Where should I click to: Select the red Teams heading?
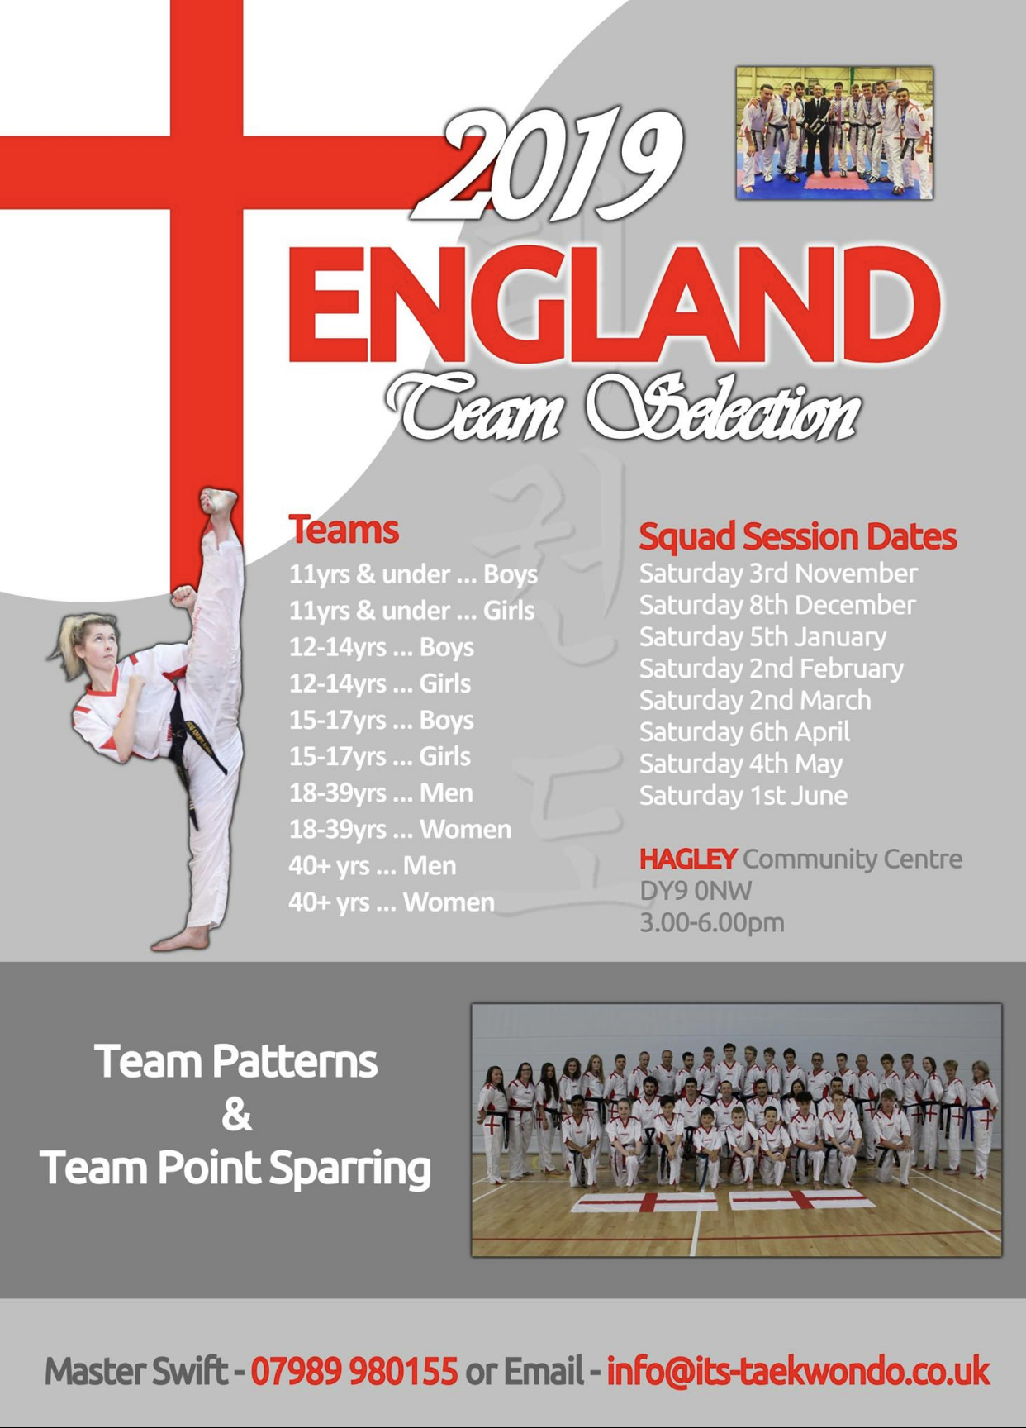point(344,530)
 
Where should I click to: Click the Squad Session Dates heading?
point(798,537)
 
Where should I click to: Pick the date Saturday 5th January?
point(762,637)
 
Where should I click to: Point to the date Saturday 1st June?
point(743,796)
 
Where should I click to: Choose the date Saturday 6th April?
point(744,732)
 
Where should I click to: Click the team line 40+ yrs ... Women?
point(392,902)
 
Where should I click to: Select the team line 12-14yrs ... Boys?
point(381,647)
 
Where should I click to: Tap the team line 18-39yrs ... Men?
point(381,793)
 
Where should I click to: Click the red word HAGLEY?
point(687,859)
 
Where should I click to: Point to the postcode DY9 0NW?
point(696,891)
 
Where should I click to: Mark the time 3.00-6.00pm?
point(712,923)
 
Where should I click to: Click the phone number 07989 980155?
point(354,1371)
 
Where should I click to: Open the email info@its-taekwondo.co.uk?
point(798,1371)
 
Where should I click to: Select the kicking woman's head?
point(87,644)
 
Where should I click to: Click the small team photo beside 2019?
point(834,133)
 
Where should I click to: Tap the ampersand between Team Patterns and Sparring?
point(236,1115)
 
